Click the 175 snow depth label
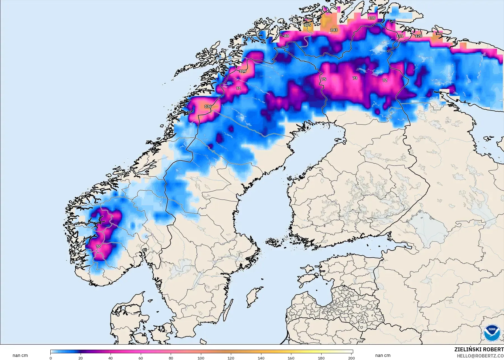coord(307,25)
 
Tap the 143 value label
coord(334,30)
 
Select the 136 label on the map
coord(208,106)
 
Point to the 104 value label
coord(242,71)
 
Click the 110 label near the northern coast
coord(372,18)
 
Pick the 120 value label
coord(419,36)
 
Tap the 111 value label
coord(400,36)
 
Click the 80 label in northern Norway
coord(287,36)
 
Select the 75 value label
coord(324,79)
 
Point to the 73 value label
coord(355,78)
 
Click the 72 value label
coord(385,80)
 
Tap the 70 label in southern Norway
coord(98,246)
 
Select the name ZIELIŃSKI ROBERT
coord(479,350)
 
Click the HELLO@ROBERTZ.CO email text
coord(480,356)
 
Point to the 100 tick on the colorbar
coord(201,358)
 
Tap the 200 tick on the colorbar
coord(351,358)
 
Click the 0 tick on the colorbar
coord(51,358)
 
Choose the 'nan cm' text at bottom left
coord(20,356)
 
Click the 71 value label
coord(238,88)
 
